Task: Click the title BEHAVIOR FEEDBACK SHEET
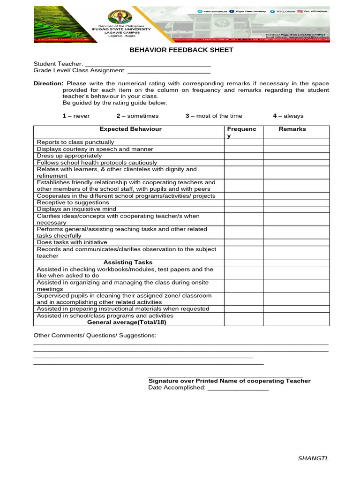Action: pos(181,50)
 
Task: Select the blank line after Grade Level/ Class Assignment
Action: pos(169,71)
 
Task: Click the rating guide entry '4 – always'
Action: pos(288,116)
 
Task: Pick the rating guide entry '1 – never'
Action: pos(76,116)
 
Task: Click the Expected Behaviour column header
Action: pos(130,129)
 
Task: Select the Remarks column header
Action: pos(292,129)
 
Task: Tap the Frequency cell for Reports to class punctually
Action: pos(243,142)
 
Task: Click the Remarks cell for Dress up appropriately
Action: pos(296,156)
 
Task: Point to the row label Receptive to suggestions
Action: pos(73,202)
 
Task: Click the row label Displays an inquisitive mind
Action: pos(76,209)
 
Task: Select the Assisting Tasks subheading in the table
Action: pos(127,262)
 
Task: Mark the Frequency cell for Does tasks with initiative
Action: pos(243,242)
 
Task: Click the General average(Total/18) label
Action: pos(127,322)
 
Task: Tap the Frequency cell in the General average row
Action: pos(243,322)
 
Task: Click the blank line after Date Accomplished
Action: pos(238,389)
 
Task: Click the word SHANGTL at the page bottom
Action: pos(313,458)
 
